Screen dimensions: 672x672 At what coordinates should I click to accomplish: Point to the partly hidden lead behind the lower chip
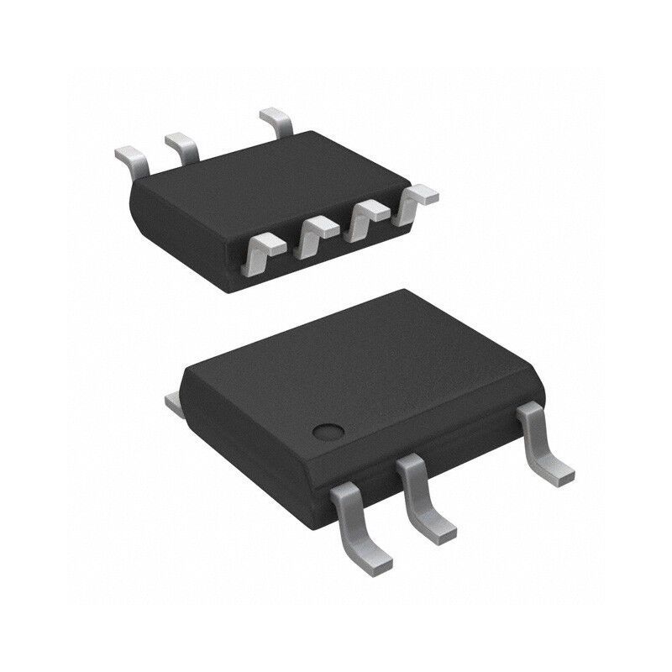tap(174, 404)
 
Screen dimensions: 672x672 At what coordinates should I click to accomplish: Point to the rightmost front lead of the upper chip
tap(417, 202)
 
